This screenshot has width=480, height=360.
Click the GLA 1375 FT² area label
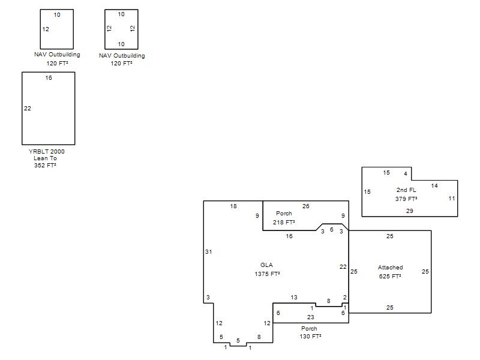tap(267, 269)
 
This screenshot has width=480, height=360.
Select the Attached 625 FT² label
tap(390, 272)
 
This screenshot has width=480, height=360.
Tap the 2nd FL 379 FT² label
tap(406, 194)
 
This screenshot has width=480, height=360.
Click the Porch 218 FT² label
tap(284, 218)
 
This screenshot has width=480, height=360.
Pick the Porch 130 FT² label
tap(310, 332)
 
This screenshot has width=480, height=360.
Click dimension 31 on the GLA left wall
tap(208, 251)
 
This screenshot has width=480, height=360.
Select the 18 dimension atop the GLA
tap(233, 206)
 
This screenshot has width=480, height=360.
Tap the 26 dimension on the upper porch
tap(306, 206)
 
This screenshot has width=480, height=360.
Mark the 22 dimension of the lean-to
tap(28, 109)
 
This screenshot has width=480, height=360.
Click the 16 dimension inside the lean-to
tap(49, 78)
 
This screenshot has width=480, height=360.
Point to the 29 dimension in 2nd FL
tap(410, 211)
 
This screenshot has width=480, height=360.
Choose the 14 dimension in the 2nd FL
tap(434, 185)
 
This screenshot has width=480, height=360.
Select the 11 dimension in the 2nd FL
tap(452, 199)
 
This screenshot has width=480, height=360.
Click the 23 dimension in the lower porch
tap(310, 317)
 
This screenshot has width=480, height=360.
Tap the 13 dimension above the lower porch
tap(294, 297)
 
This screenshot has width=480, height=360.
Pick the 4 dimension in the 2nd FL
tap(406, 174)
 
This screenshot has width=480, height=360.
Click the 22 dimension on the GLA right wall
tap(343, 266)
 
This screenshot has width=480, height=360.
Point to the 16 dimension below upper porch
tap(289, 236)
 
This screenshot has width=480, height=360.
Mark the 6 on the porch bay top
tap(332, 230)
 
